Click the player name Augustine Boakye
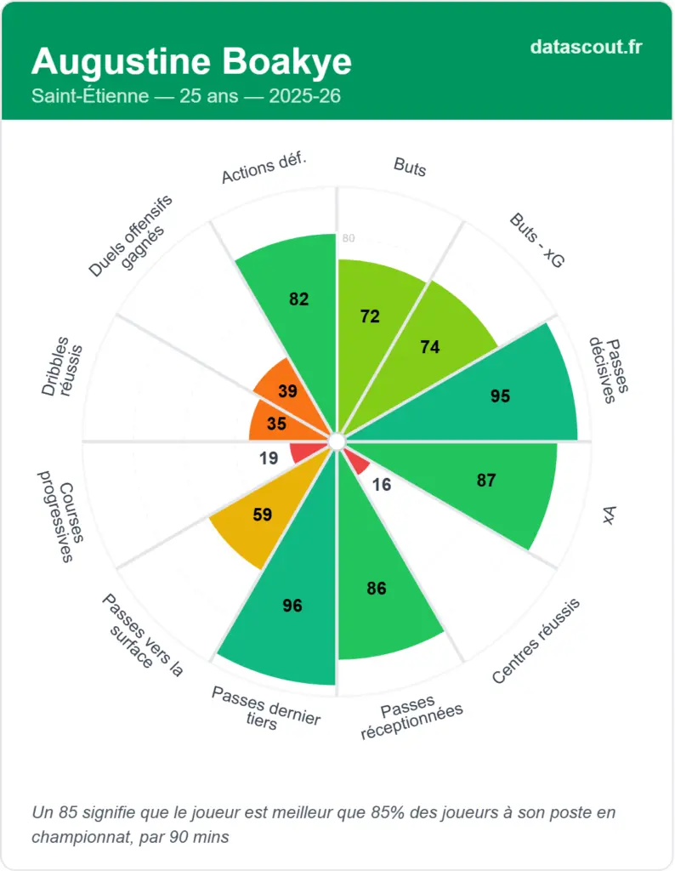pyautogui.click(x=191, y=62)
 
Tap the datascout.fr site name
pyautogui.click(x=586, y=47)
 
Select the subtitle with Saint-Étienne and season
pyautogui.click(x=186, y=96)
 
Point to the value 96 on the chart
pyautogui.click(x=293, y=606)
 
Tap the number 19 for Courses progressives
pyautogui.click(x=269, y=458)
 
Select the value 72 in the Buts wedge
pyautogui.click(x=370, y=316)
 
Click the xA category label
pyautogui.click(x=609, y=515)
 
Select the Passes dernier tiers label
pyautogui.click(x=264, y=707)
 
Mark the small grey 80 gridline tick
pyautogui.click(x=349, y=239)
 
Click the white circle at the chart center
pyautogui.click(x=337, y=441)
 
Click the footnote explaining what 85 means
pyautogui.click(x=323, y=824)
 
